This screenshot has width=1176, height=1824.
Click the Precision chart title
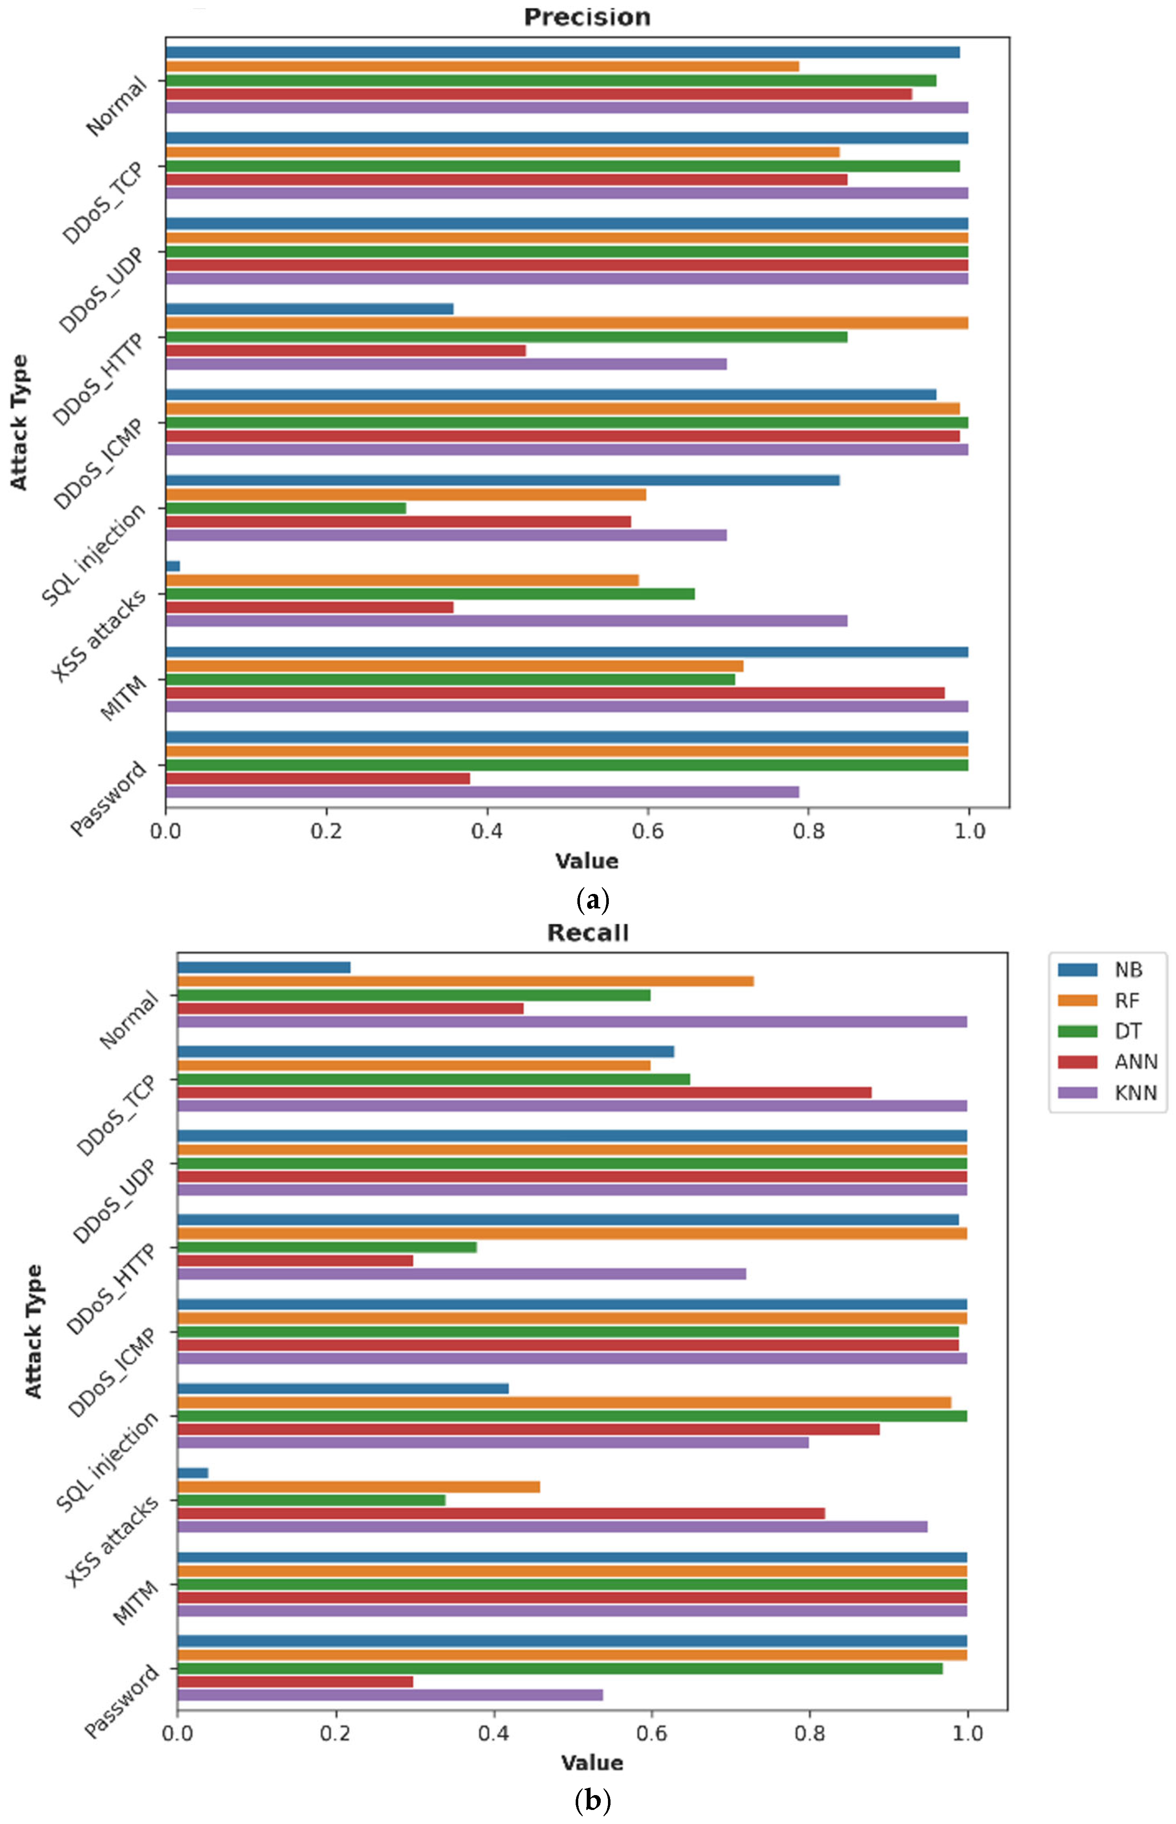586,17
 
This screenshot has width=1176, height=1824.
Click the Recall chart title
587,933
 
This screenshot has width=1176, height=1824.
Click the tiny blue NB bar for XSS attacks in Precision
172,566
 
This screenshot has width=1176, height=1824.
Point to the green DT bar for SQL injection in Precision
286,508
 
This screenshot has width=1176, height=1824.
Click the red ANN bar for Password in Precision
318,778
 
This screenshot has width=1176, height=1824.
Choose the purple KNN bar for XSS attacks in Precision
506,621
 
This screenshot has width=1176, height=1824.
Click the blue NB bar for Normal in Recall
263,967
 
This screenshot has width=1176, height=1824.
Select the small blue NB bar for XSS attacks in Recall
192,1472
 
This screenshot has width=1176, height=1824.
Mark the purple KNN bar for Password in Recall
390,1695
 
